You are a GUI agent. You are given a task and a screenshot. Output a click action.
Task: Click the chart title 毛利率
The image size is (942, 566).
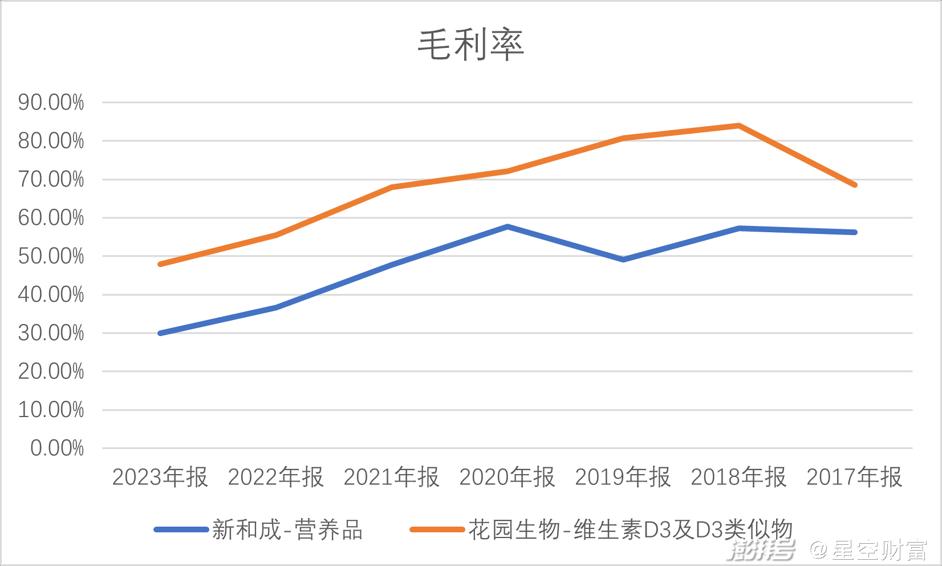(471, 45)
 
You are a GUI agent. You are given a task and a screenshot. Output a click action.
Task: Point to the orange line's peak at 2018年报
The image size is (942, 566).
(739, 126)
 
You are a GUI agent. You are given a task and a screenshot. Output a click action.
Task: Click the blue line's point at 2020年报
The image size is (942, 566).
(507, 227)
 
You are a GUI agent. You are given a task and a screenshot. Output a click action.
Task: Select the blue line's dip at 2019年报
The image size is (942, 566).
(623, 260)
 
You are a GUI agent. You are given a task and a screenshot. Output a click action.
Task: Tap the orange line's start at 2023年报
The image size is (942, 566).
(160, 264)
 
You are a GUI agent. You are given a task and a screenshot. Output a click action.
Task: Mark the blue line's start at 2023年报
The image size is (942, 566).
(160, 333)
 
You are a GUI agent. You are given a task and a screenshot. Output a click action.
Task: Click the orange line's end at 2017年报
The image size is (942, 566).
(855, 185)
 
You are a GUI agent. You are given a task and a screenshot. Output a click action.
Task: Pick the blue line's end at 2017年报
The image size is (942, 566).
(855, 232)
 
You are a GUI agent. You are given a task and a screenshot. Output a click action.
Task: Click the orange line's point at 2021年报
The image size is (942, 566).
(392, 187)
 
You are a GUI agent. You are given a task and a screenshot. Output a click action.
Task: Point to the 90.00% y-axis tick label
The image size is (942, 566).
(51, 103)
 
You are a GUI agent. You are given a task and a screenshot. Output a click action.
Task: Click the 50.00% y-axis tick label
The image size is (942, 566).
(51, 256)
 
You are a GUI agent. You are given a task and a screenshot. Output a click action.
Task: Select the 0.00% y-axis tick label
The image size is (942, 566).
(57, 448)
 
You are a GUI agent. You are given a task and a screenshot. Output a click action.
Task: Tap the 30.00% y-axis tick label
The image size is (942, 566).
(51, 333)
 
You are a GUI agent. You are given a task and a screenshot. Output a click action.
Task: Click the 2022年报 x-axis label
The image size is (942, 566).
(276, 477)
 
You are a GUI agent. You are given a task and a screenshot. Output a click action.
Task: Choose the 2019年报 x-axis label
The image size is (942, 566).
(623, 477)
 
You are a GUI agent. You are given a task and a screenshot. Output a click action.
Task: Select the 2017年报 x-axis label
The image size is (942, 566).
(855, 477)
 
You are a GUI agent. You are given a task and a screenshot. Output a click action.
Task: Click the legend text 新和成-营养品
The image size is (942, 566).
(287, 530)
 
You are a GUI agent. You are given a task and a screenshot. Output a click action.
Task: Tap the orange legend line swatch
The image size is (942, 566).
(437, 530)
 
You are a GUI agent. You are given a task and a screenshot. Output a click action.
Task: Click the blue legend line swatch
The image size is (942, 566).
(181, 530)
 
